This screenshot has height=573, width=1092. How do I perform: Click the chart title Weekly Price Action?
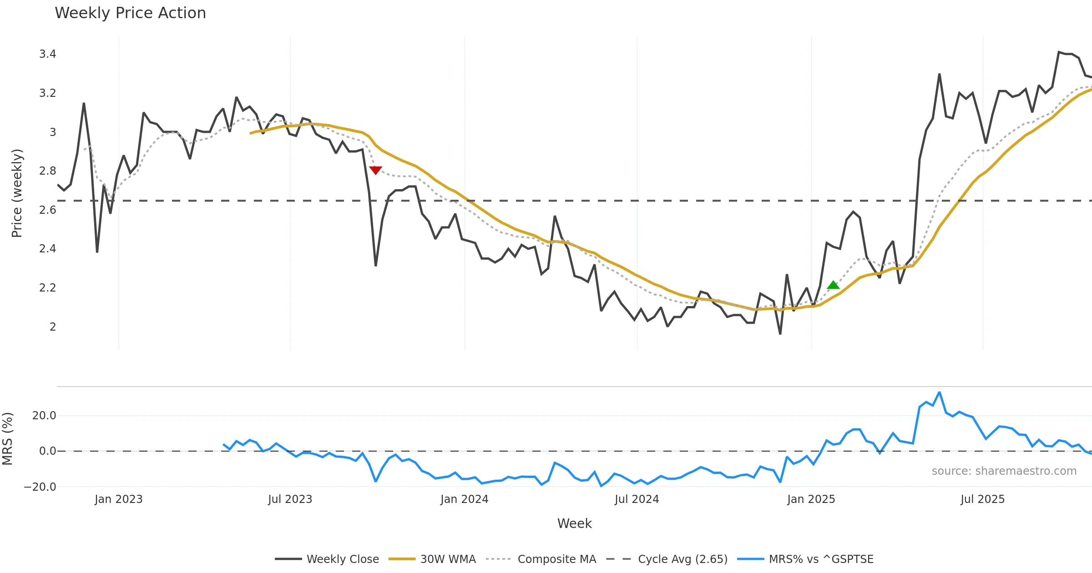130,13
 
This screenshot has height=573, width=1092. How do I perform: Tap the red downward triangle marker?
375,170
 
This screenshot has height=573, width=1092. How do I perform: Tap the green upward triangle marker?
833,286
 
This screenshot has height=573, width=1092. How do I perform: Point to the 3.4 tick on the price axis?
47,54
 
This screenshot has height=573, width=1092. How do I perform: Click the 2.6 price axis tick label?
47,210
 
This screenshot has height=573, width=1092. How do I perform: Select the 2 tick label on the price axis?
53,327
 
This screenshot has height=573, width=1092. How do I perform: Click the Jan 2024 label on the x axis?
464,499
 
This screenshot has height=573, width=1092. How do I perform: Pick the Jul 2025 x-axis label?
982,499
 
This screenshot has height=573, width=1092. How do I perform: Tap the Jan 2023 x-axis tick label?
118,499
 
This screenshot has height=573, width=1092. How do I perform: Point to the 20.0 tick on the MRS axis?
44,416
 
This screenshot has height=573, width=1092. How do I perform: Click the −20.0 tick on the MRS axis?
40,487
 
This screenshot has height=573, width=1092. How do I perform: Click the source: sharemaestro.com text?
1004,471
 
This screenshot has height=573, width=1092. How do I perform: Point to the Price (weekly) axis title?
17,193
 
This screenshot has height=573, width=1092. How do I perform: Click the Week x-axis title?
574,524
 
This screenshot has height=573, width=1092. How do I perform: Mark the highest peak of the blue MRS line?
939,392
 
